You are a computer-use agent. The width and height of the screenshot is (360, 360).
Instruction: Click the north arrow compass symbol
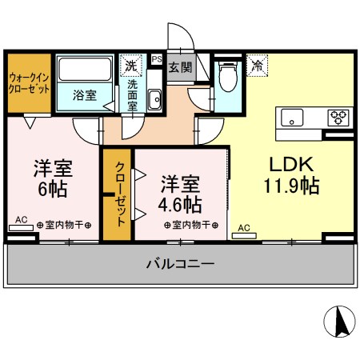[x=339, y=322]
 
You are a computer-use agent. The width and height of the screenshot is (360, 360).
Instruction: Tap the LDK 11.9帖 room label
[x=291, y=175]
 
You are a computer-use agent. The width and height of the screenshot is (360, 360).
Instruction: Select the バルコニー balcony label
[x=180, y=264]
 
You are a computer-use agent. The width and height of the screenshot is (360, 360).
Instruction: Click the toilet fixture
[x=228, y=76]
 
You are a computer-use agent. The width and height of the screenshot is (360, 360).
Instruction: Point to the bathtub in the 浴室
[x=85, y=70]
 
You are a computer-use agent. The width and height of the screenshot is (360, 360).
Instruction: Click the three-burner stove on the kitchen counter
[x=338, y=118]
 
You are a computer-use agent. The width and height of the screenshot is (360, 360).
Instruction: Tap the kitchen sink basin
[x=292, y=118]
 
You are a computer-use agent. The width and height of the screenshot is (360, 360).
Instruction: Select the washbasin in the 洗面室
[x=154, y=100]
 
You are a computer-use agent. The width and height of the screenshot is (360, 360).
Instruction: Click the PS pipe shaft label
[x=157, y=59]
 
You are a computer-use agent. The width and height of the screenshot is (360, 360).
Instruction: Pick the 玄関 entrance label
[x=180, y=67]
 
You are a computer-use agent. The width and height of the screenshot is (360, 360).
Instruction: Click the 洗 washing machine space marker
[x=131, y=66]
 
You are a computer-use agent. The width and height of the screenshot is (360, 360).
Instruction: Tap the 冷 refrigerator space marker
[x=257, y=66]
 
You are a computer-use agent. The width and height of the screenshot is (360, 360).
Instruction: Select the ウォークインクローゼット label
[x=29, y=83]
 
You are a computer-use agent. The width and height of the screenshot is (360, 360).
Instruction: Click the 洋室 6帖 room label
[x=53, y=178]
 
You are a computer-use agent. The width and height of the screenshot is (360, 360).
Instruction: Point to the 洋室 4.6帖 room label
[x=180, y=194]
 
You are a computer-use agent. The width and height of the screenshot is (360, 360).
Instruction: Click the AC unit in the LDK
[x=244, y=236]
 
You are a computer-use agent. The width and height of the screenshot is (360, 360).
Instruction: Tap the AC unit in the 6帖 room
[x=21, y=228]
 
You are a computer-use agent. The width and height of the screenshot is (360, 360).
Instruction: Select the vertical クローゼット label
[x=120, y=194]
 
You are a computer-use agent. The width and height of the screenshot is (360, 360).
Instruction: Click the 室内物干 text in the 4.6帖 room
[x=191, y=225]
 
